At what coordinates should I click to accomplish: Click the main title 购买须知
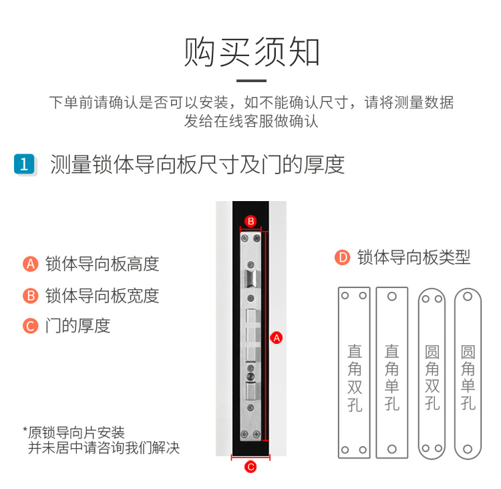click(x=251, y=52)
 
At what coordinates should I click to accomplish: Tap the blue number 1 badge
click(x=24, y=164)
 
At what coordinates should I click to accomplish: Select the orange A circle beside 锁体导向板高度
click(x=31, y=264)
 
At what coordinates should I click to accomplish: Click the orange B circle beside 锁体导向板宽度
click(x=31, y=296)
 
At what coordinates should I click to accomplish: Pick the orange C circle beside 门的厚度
click(x=31, y=326)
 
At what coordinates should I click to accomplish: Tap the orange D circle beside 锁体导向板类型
click(x=343, y=258)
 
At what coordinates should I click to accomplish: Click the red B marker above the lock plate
click(x=251, y=221)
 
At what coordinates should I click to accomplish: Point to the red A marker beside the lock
click(x=277, y=338)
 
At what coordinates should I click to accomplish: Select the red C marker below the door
click(x=251, y=467)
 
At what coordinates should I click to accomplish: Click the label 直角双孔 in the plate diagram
click(x=355, y=378)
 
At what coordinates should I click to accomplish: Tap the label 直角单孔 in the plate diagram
click(x=392, y=377)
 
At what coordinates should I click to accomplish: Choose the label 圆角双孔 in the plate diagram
click(x=432, y=377)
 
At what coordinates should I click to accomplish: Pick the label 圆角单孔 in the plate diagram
click(x=468, y=377)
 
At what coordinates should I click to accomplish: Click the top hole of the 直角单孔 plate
click(x=392, y=297)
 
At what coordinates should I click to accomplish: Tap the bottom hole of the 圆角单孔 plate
click(x=468, y=449)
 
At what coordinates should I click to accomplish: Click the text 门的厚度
click(x=77, y=326)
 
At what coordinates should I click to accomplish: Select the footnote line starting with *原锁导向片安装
click(x=73, y=433)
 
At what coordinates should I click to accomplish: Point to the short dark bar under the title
click(x=251, y=81)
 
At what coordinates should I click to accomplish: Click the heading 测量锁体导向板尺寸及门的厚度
click(x=198, y=164)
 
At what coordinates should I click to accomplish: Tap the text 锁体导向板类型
click(x=413, y=258)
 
